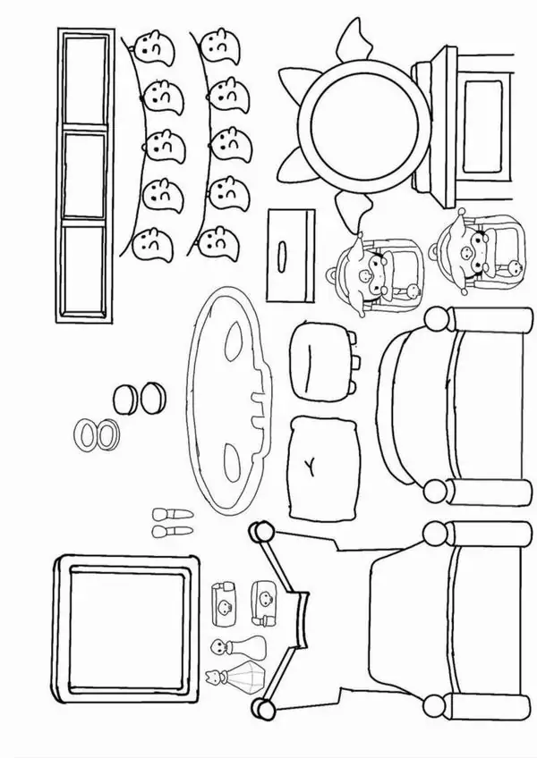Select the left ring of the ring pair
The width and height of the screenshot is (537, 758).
click(89, 434)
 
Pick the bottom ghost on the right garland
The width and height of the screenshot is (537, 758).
click(215, 240)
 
